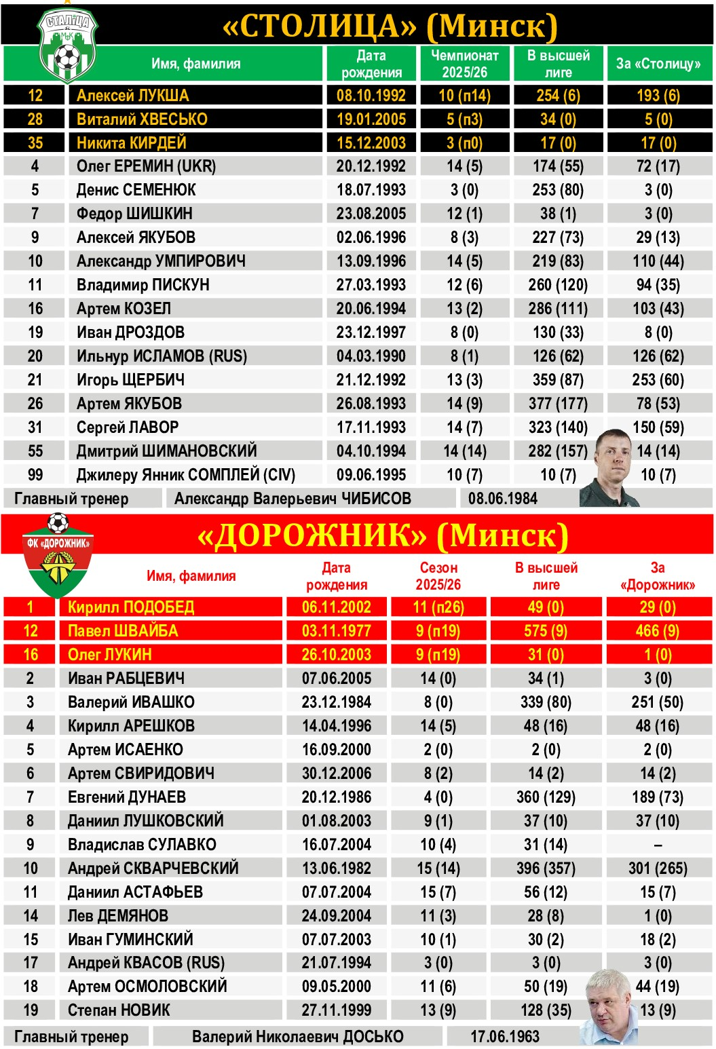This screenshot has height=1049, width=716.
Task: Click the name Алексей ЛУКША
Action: pyautogui.click(x=133, y=96)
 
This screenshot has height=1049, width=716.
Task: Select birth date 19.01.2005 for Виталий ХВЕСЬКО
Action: pyautogui.click(x=371, y=119)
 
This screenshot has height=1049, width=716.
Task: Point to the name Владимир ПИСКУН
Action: pyautogui.click(x=143, y=285)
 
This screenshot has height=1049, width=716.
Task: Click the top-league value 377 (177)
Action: pyautogui.click(x=558, y=404)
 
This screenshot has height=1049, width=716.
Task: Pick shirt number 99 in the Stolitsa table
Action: pyautogui.click(x=35, y=475)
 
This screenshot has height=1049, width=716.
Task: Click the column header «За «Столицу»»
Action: pyautogui.click(x=658, y=64)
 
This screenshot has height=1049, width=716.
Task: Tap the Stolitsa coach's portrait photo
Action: pyautogui.click(x=613, y=468)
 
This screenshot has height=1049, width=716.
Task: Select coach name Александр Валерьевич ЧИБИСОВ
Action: pyautogui.click(x=293, y=499)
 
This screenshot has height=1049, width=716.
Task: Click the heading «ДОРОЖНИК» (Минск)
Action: pyautogui.click(x=382, y=536)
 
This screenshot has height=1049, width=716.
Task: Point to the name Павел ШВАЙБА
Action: pyautogui.click(x=123, y=631)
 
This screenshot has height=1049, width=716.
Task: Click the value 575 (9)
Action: pyautogui.click(x=546, y=631)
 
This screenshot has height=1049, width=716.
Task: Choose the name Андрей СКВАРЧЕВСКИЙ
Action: pyautogui.click(x=153, y=868)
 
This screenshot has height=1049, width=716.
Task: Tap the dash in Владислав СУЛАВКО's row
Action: pyautogui.click(x=658, y=845)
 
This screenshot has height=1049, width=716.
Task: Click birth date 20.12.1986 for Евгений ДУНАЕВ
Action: pyautogui.click(x=337, y=797)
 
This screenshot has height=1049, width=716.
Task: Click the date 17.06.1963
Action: pyautogui.click(x=505, y=1036)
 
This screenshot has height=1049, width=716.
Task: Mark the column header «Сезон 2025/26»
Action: pyautogui.click(x=438, y=575)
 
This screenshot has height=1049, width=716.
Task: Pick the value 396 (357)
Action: pyautogui.click(x=546, y=868)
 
